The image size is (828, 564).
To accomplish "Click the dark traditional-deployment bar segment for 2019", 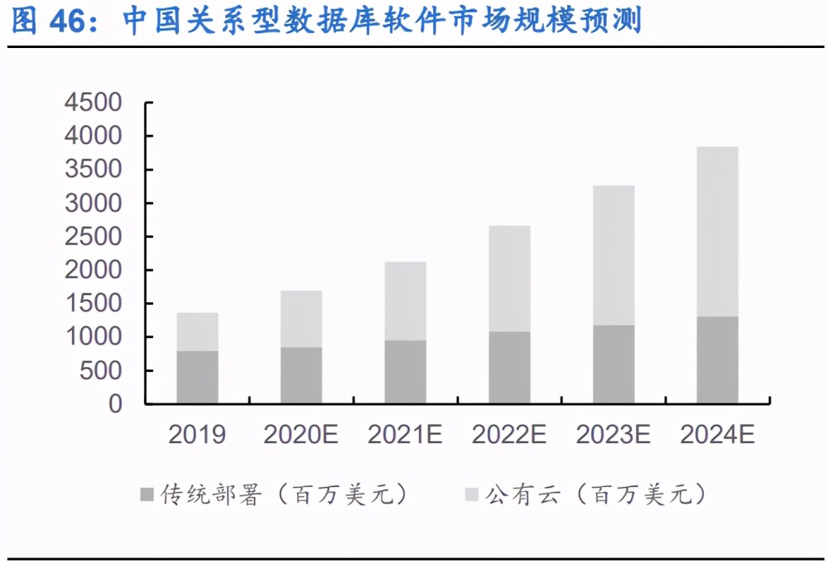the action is (198, 377).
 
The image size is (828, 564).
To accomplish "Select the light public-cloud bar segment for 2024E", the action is (718, 232).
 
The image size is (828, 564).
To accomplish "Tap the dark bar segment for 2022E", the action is (509, 368).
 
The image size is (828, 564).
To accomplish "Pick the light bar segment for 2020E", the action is (301, 319).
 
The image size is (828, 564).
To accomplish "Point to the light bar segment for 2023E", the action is (614, 256).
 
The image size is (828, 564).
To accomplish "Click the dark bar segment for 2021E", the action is (406, 372).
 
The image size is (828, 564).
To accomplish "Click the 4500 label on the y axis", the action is (94, 103).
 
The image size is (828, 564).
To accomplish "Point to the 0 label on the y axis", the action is (115, 404).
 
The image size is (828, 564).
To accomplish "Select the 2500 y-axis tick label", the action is (94, 237).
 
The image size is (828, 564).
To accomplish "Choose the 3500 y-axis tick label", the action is (94, 170).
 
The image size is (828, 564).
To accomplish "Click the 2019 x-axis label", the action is (197, 435).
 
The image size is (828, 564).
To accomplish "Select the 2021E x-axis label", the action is (405, 435).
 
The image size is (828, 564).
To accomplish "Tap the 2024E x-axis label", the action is (718, 435).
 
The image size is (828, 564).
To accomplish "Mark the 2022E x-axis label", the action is (509, 435).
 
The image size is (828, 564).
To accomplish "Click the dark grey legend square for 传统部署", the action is (147, 494).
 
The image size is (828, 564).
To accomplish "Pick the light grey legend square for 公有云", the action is (472, 494).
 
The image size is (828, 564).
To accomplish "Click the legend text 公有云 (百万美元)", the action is (595, 494).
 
